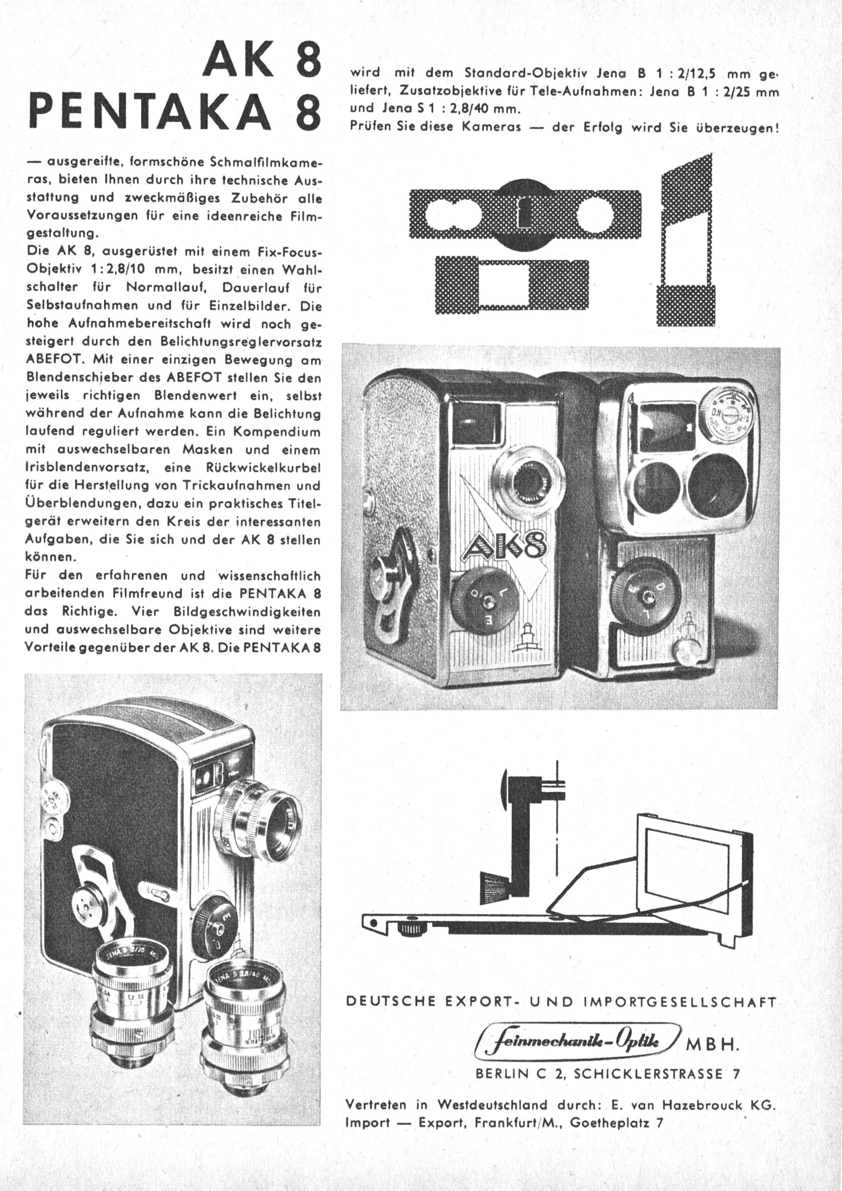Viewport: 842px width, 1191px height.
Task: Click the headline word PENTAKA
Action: (150, 112)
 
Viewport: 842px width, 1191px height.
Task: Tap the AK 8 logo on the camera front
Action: (502, 547)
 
